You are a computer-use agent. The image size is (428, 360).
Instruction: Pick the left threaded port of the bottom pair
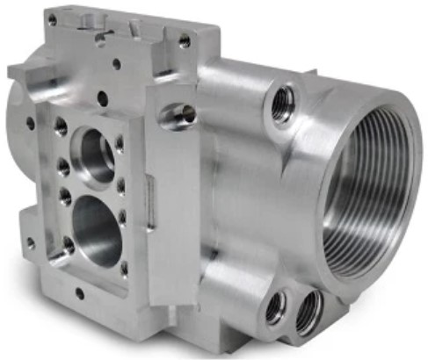275,305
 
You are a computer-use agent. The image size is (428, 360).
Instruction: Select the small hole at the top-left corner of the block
53,19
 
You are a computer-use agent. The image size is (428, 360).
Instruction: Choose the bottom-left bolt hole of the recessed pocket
68,249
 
